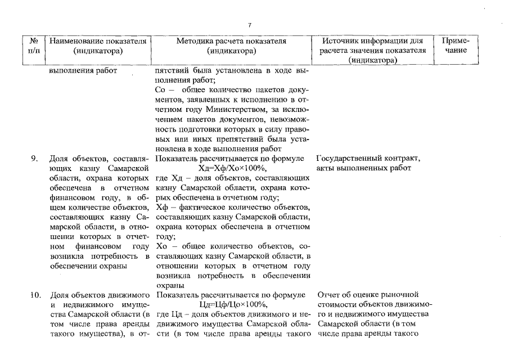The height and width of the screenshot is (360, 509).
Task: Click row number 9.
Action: pyautogui.click(x=34, y=158)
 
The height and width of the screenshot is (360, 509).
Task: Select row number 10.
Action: pyautogui.click(x=34, y=294)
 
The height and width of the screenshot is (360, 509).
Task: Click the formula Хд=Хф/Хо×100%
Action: pyautogui.click(x=232, y=168)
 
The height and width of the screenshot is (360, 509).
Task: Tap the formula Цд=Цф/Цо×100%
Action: pyautogui.click(x=232, y=304)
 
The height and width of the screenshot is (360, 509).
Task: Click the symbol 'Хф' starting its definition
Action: pyautogui.click(x=161, y=208)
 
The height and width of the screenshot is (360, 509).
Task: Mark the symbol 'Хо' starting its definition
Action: pyautogui.click(x=161, y=246)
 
